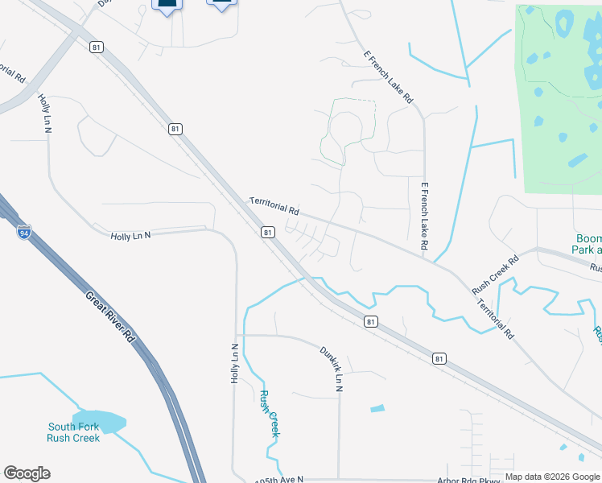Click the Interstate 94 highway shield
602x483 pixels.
(x=24, y=232)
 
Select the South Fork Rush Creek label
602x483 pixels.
(x=73, y=432)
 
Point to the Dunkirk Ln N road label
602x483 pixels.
(x=331, y=369)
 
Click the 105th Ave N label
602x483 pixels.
(x=278, y=478)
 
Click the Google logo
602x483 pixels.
(x=27, y=473)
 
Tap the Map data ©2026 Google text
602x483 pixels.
(x=552, y=477)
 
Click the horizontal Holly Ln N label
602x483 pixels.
(x=130, y=235)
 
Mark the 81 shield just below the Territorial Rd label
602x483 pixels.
(x=267, y=233)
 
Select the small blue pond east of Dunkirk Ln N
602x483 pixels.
(x=377, y=408)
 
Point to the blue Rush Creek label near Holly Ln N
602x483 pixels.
(x=269, y=413)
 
